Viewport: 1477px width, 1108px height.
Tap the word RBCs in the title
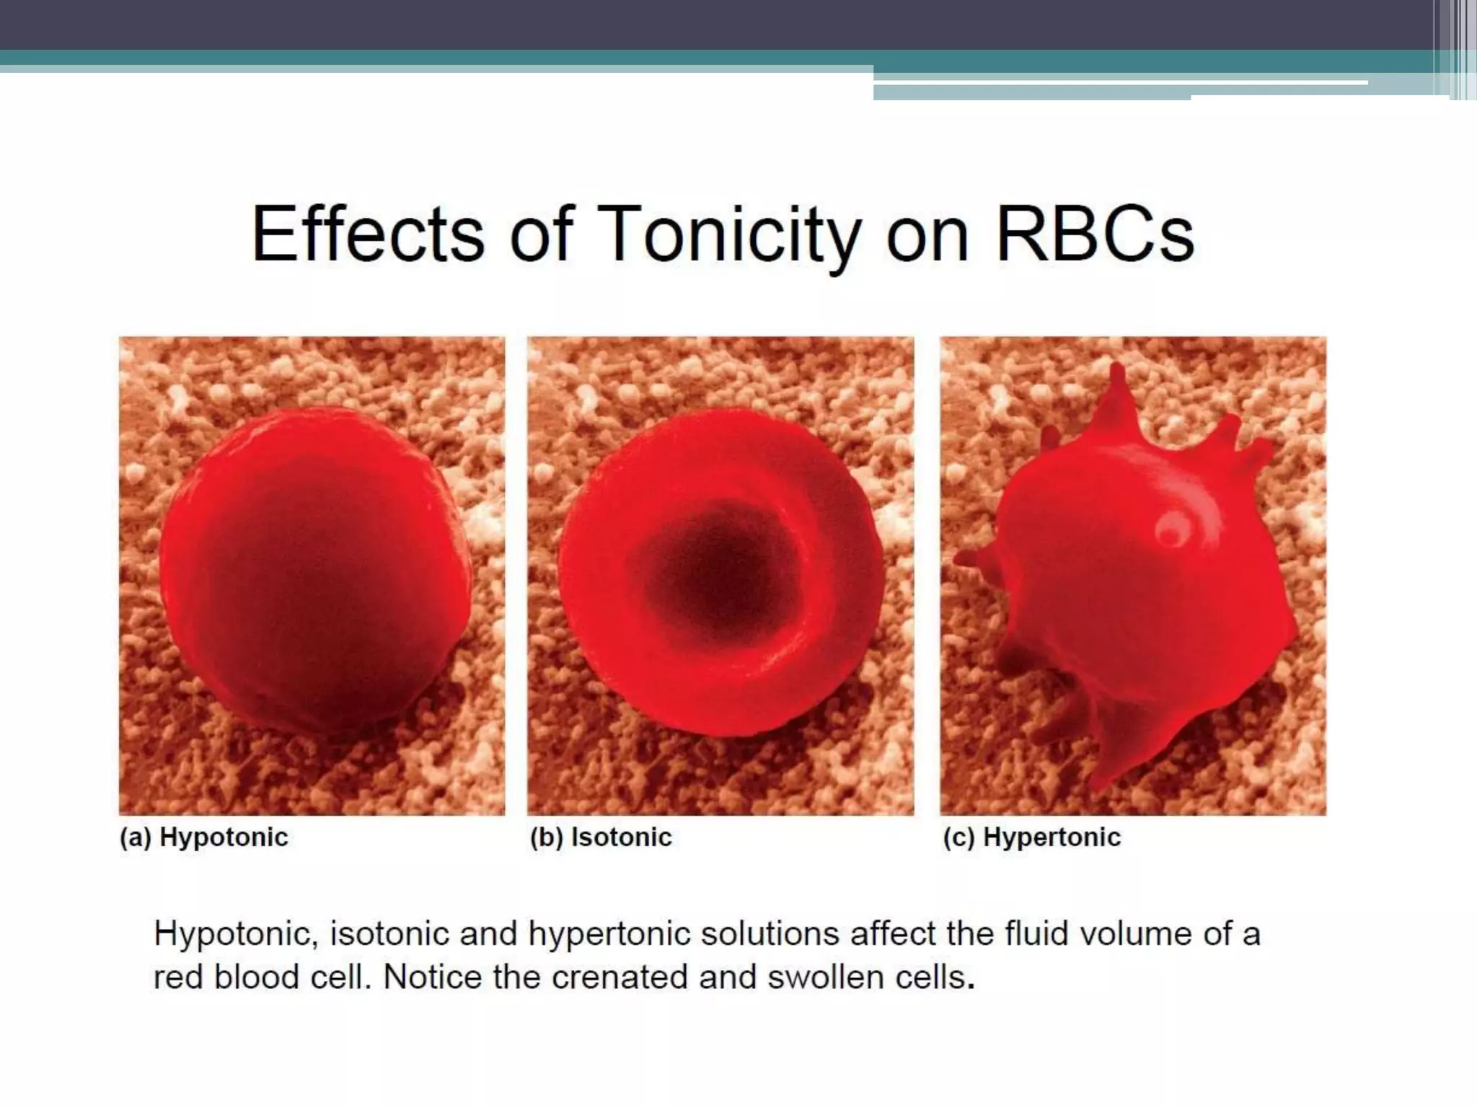coord(1095,234)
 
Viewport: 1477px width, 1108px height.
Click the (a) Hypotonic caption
coord(203,837)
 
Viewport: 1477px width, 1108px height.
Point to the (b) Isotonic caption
coord(600,837)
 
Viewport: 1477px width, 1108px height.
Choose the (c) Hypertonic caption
coord(1031,837)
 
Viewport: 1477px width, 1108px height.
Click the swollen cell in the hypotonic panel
coord(314,570)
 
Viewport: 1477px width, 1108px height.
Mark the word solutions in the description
coord(770,934)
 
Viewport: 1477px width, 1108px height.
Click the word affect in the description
coord(894,934)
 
